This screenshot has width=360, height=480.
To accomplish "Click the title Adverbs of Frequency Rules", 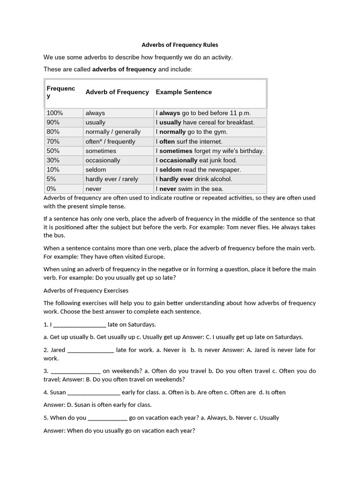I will coord(180,45).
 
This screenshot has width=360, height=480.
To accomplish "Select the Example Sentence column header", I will coord(183,92).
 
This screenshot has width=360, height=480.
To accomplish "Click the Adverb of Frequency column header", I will coord(117,92).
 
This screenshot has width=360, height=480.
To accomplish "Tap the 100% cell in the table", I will coord(55,113).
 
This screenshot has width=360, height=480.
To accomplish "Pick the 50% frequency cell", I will coord(53,151).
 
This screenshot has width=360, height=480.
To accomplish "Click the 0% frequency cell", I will coord(52,189).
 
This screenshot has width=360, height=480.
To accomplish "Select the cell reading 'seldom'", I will coord(96,170).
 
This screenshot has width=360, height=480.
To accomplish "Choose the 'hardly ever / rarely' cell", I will coord(112,179).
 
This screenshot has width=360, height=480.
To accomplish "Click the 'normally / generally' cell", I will coord(113,132).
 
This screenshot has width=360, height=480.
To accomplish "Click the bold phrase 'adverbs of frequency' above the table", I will coord(124,69).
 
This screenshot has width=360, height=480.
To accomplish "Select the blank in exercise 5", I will coord(107,418).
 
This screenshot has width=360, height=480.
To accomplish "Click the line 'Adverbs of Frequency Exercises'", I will coord(86,291).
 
